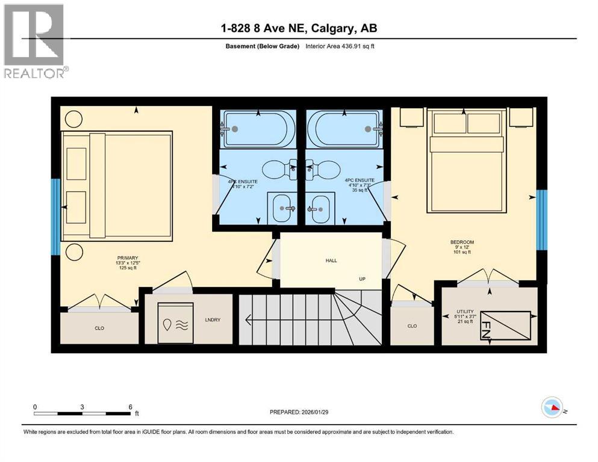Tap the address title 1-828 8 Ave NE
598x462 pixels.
(299, 28)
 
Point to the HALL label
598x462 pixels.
(331, 260)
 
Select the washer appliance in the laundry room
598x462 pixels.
(175, 323)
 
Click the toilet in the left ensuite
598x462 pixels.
(278, 169)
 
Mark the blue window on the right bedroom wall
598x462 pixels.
(542, 220)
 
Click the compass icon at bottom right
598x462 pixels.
(552, 407)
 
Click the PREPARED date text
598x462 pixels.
(299, 412)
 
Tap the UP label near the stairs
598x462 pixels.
(363, 279)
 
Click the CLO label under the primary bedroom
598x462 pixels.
(99, 328)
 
